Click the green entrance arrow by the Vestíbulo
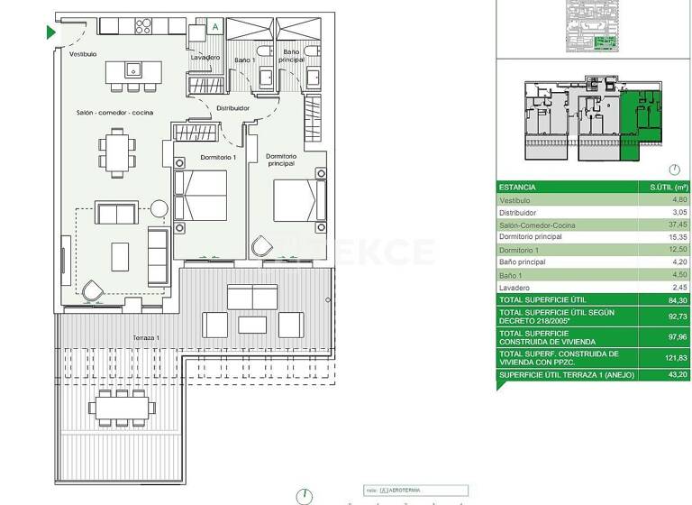[51, 32]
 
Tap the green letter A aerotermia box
[214, 27]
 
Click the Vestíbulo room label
[83, 54]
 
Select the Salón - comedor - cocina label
[114, 113]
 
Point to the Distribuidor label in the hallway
[232, 108]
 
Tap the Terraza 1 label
[145, 337]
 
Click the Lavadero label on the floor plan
[205, 58]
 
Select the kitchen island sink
[132, 69]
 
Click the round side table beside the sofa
[159, 209]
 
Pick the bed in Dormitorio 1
[200, 195]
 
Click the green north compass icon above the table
[675, 170]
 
